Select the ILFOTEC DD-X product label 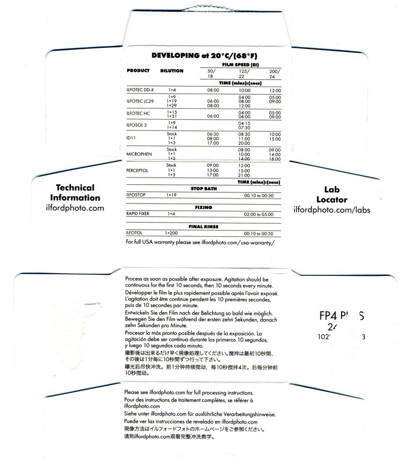140,90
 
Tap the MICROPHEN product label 140,154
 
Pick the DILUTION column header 172,71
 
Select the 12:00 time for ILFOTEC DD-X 275,90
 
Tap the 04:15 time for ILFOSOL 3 244,123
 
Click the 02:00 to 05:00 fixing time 258,214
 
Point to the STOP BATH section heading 203,188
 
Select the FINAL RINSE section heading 203,226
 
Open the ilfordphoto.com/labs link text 332,210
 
